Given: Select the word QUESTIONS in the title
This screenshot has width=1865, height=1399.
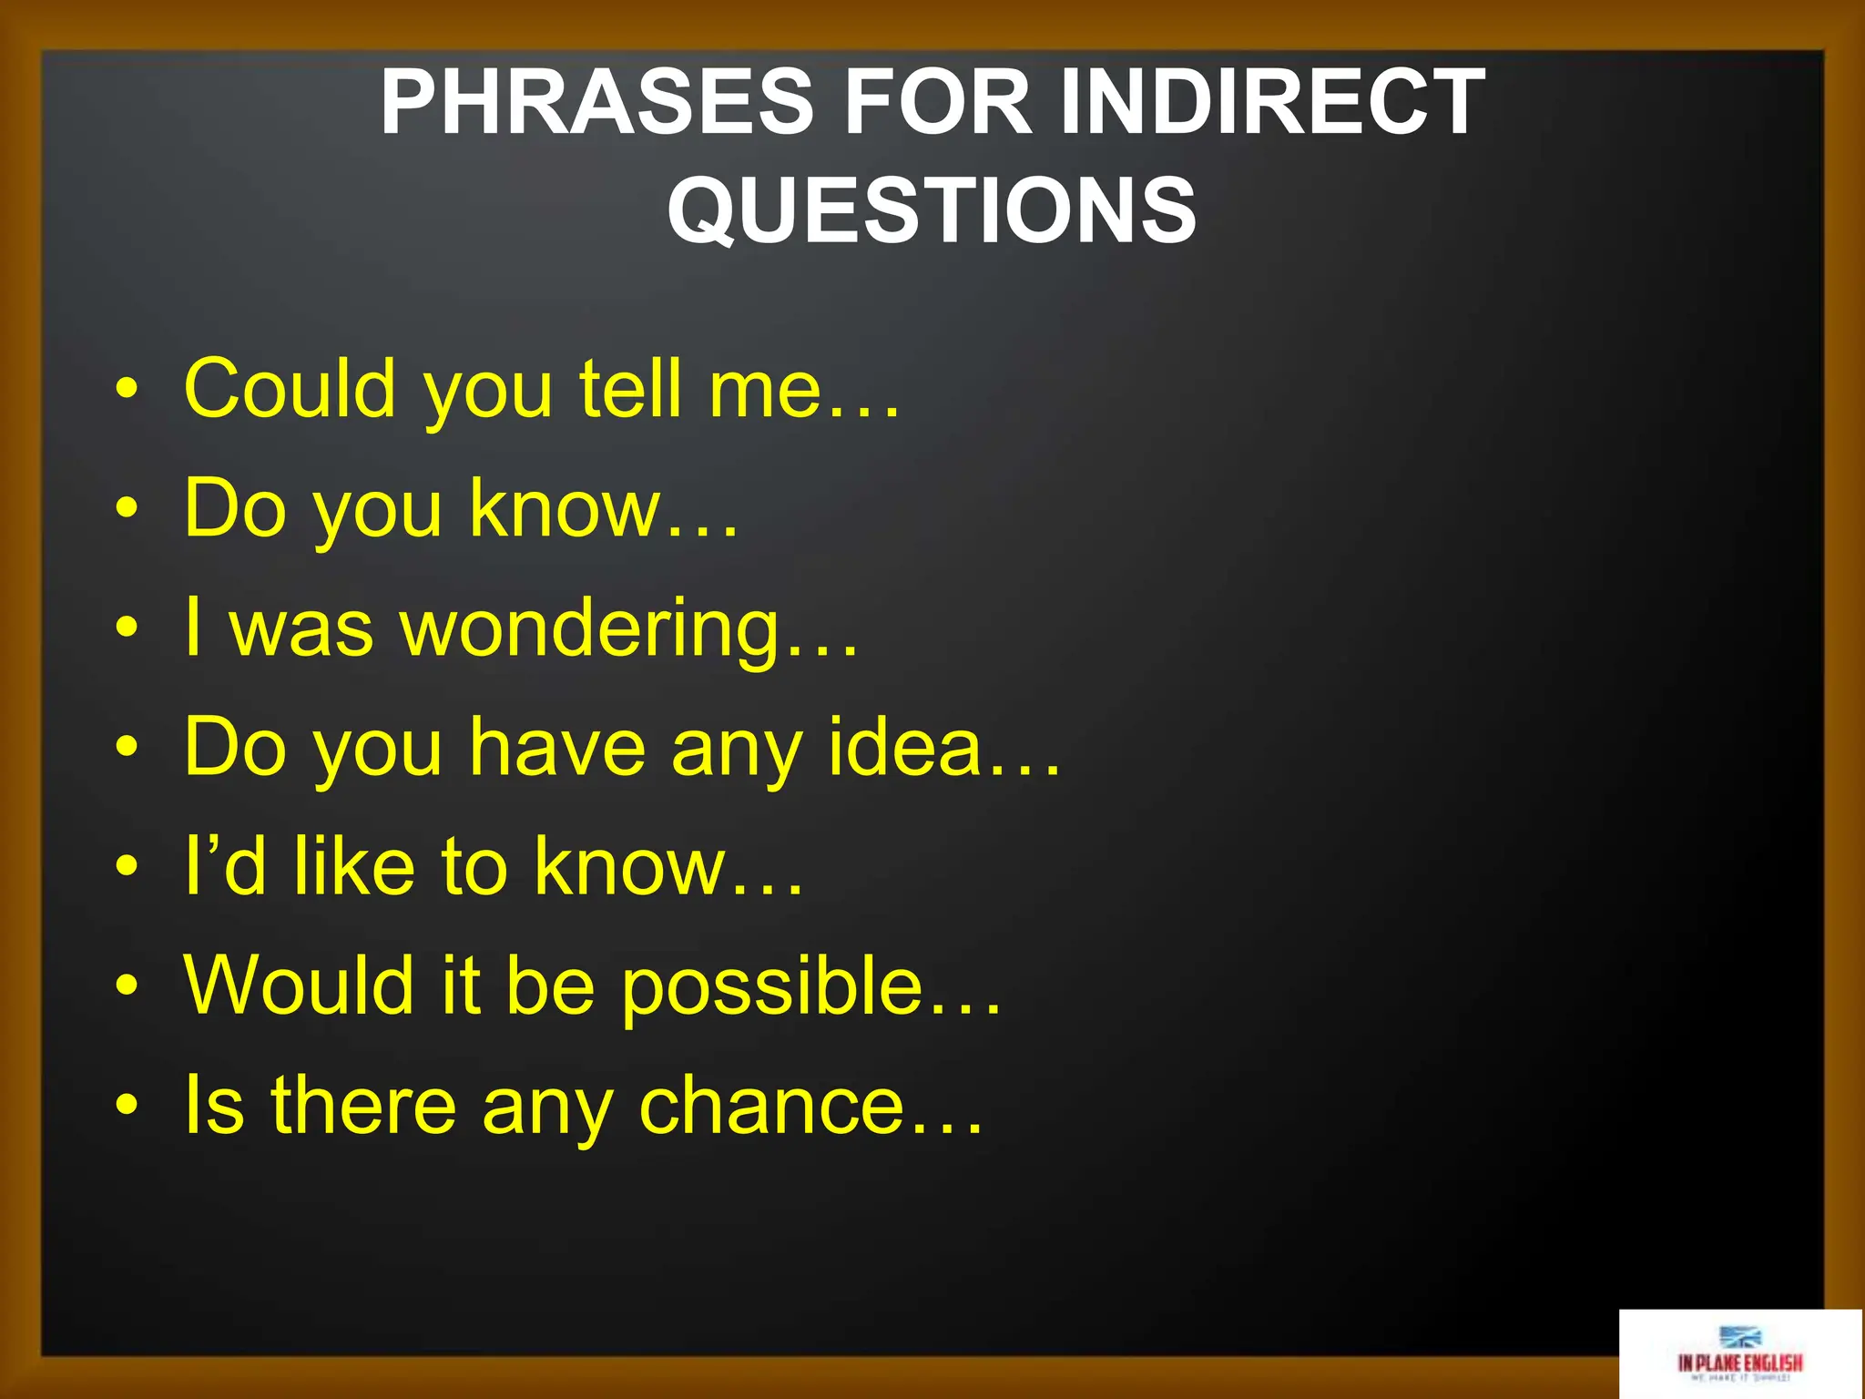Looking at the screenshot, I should pyautogui.click(x=932, y=210).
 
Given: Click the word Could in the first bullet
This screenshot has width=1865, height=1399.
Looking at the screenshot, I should pyautogui.click(x=290, y=389).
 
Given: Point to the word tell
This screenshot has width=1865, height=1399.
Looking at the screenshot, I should pyautogui.click(x=631, y=389).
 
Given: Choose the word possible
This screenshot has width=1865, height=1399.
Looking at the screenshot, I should pyautogui.click(x=772, y=987).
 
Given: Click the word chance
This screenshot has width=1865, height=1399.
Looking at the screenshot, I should pyautogui.click(x=771, y=1106).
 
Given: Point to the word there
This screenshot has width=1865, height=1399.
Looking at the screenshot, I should pyautogui.click(x=363, y=1106).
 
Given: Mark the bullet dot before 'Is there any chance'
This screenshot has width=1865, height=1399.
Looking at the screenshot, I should pyautogui.click(x=127, y=1106).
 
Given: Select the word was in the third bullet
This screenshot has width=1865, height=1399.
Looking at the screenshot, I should pyautogui.click(x=301, y=629).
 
